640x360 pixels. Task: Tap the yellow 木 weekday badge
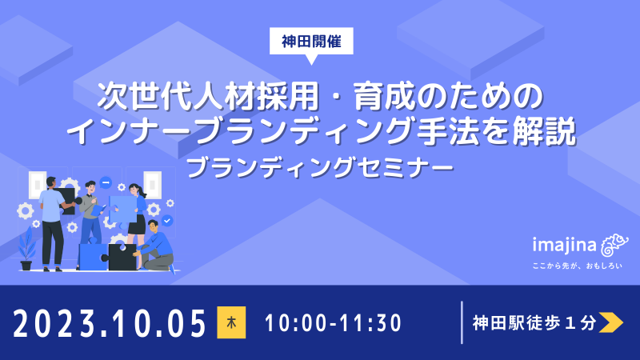230,324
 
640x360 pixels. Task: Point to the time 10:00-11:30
332,324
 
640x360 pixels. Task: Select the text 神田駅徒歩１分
534,323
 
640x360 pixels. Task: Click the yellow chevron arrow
610,323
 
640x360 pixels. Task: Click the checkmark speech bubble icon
166,220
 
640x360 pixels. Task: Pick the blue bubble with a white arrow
106,182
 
